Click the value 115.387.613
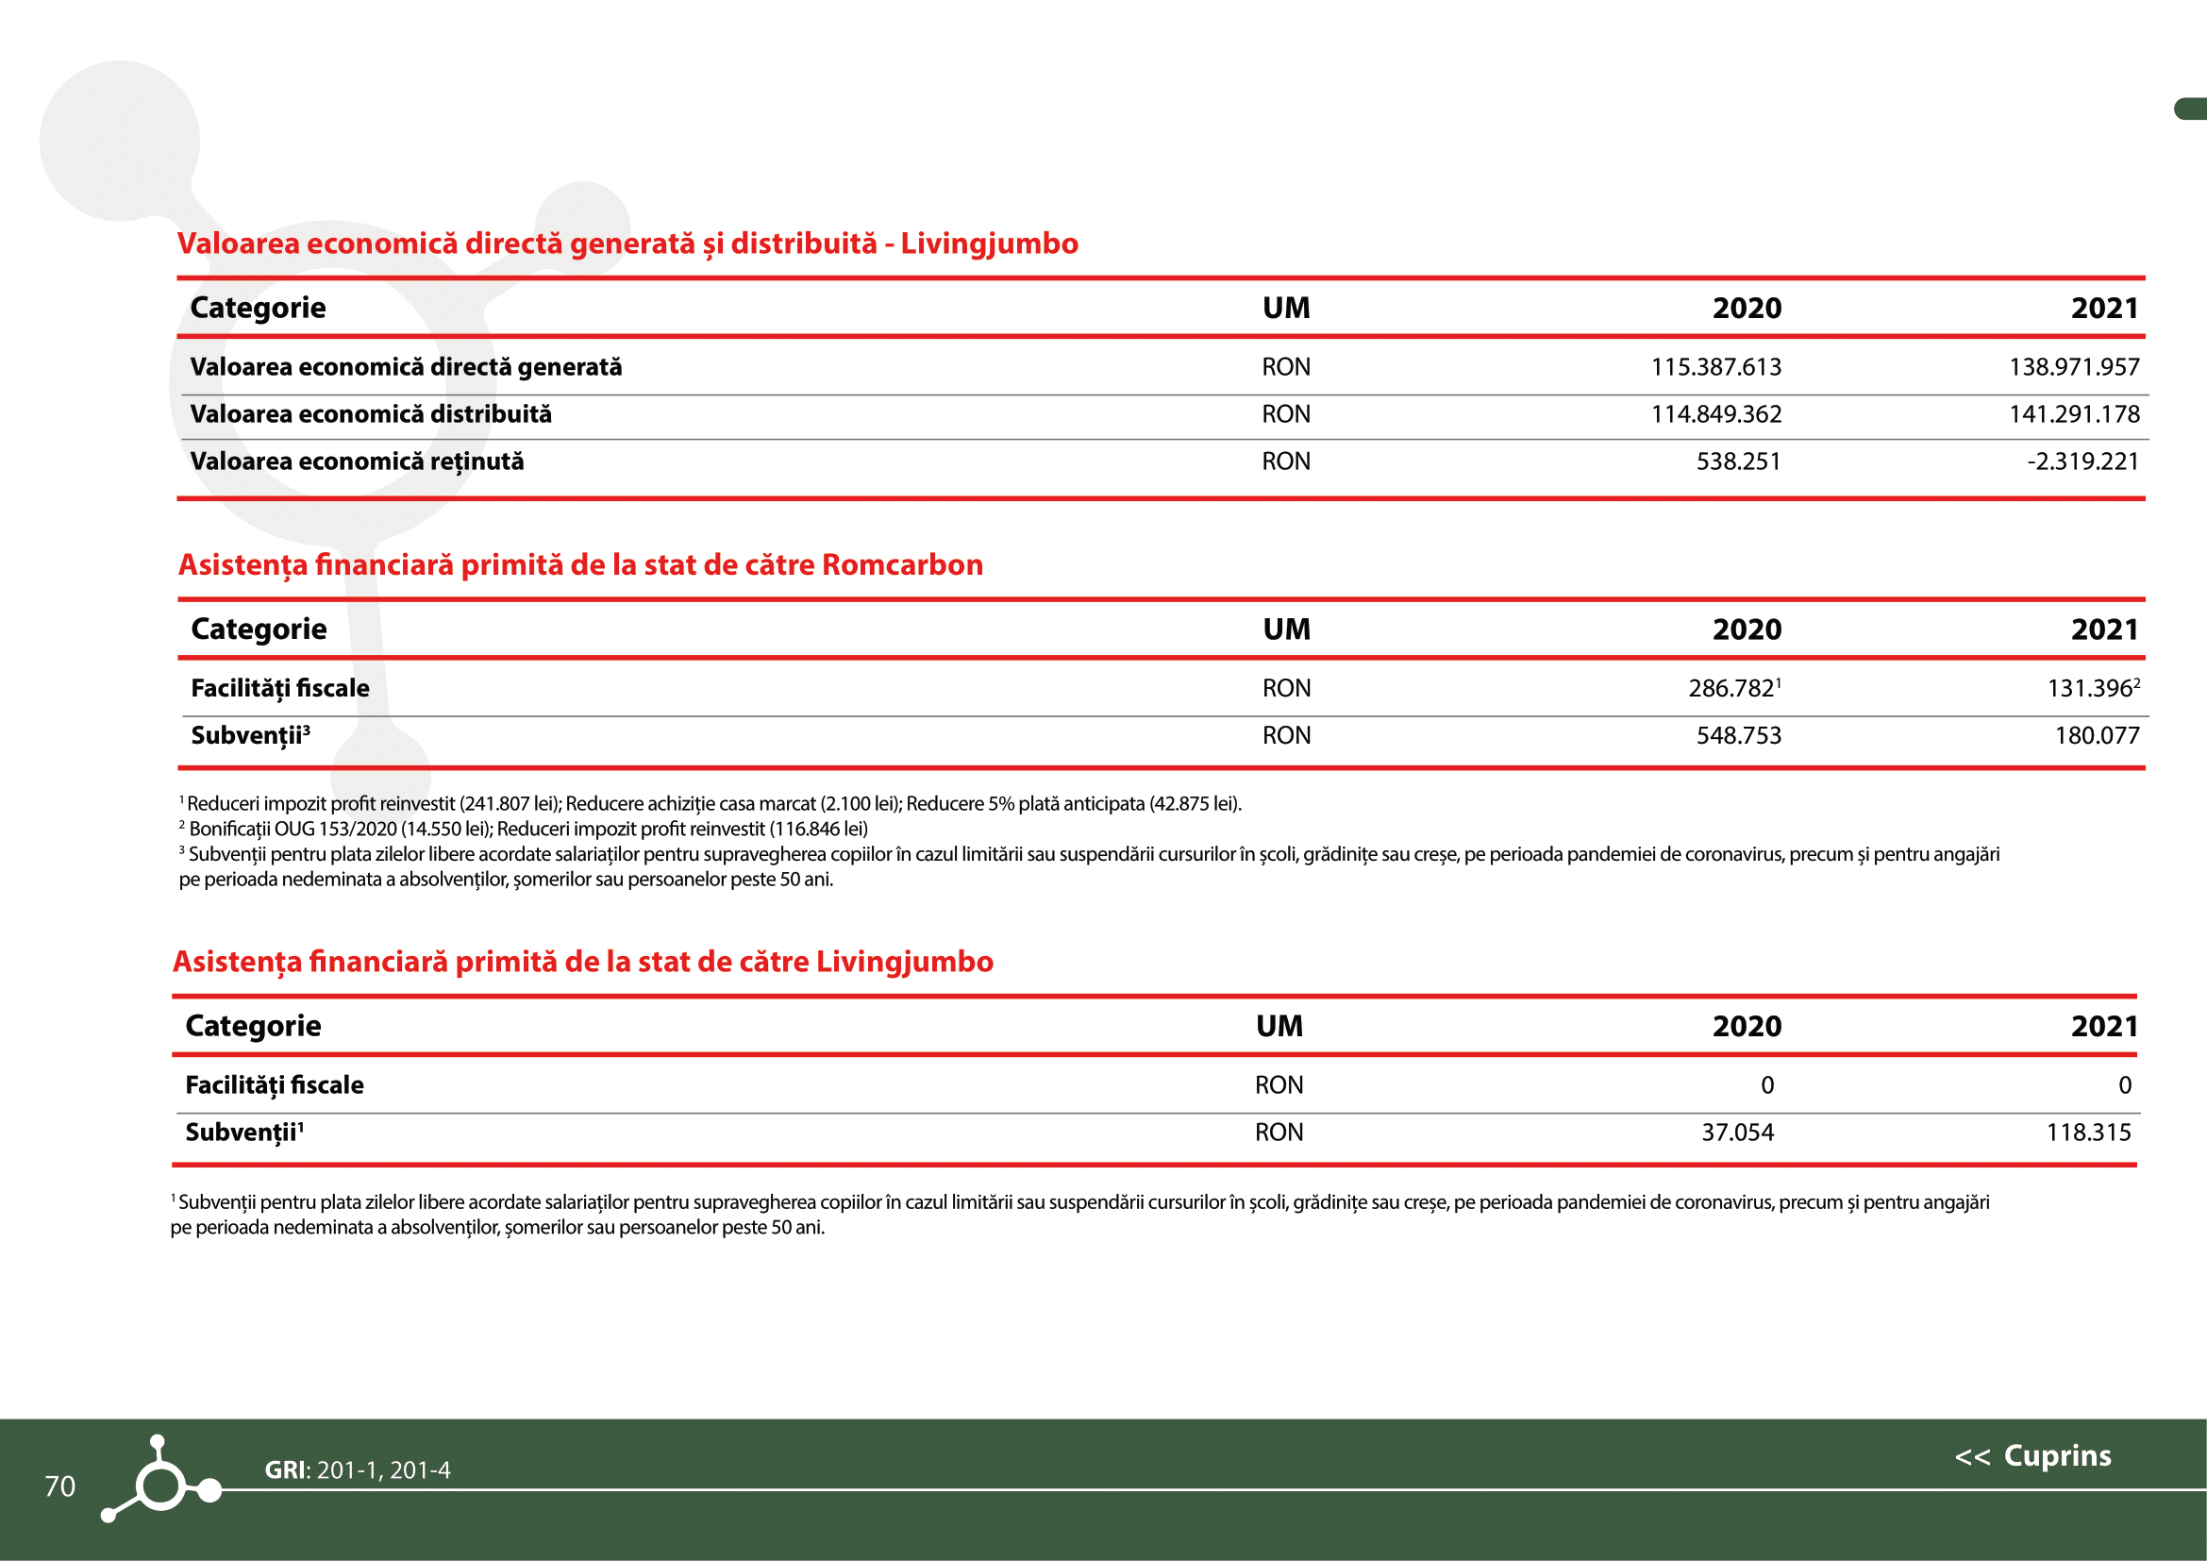1715,367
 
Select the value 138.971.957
2074,367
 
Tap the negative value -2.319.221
2083,462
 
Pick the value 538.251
1738,462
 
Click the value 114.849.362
1715,414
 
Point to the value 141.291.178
2074,414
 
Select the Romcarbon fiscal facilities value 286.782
1730,688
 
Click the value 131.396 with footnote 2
2090,688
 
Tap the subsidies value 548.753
1738,735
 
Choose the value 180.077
2097,735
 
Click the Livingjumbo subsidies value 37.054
1737,1133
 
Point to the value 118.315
2088,1133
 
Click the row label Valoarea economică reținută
357,462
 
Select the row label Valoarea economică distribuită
371,414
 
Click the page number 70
59,1486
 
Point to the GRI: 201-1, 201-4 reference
357,1469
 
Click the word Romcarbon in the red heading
903,564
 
